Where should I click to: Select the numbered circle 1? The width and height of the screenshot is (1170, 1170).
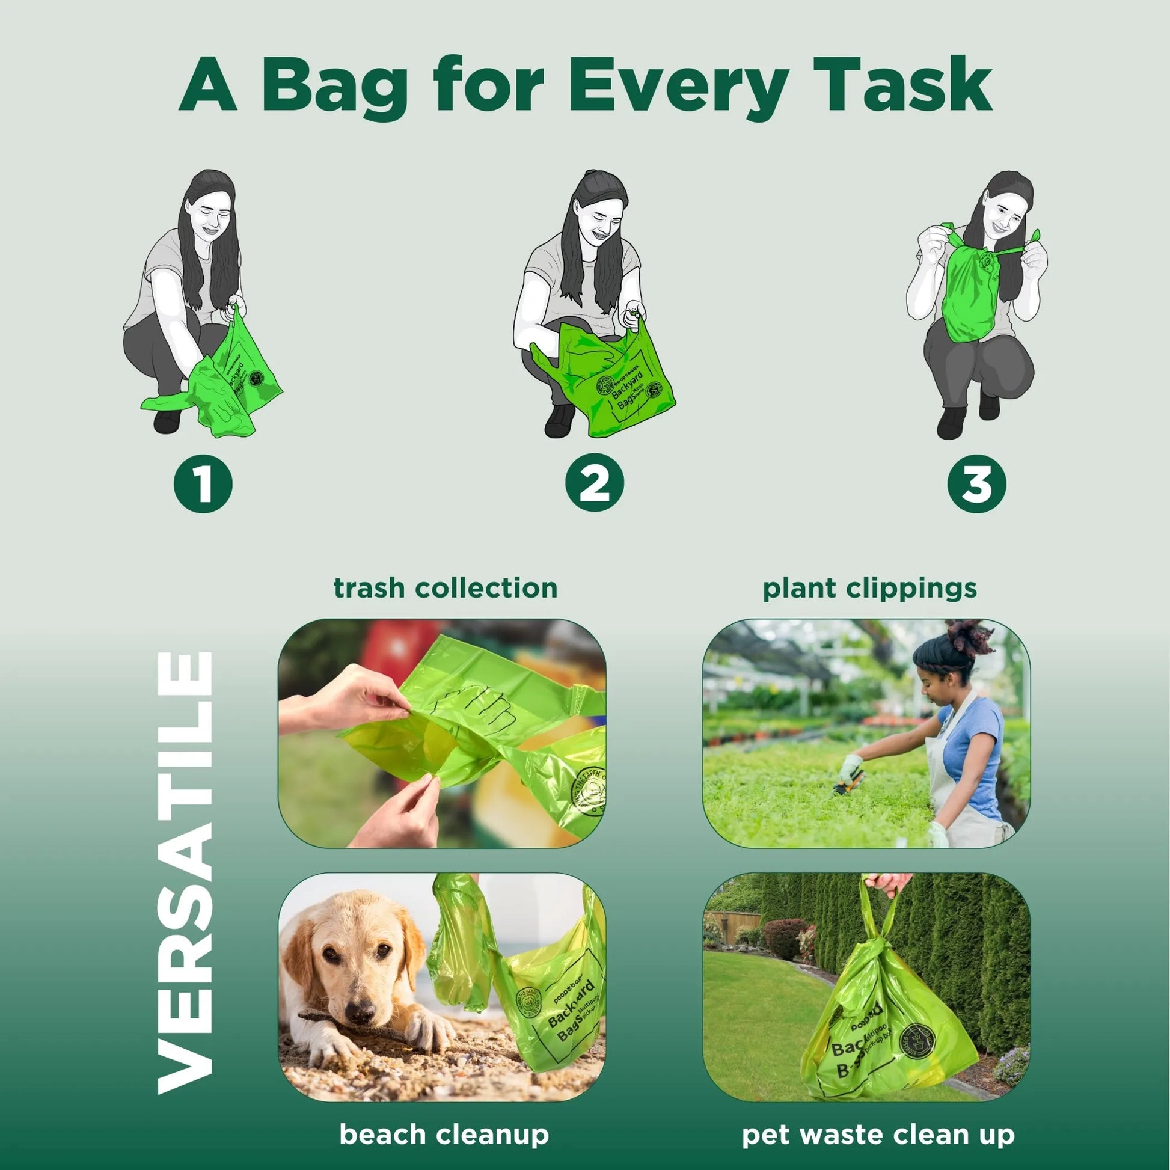tap(203, 484)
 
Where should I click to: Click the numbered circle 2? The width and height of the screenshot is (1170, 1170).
tap(595, 484)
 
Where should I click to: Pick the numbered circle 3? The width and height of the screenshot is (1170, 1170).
tap(977, 484)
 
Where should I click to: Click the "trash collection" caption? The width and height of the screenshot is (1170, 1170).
tap(445, 588)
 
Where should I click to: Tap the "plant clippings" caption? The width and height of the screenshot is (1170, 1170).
tap(869, 588)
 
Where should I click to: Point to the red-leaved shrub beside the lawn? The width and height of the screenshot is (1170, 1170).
tap(785, 939)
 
